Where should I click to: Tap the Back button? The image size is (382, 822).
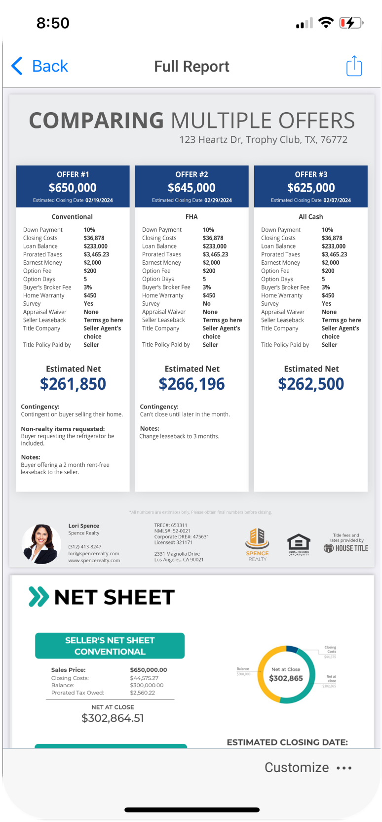point(39,66)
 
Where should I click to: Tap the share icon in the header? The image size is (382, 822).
point(354,66)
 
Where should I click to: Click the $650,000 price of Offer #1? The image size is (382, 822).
point(73,188)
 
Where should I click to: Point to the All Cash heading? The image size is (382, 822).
point(310,217)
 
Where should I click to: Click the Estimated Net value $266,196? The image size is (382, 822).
point(191,384)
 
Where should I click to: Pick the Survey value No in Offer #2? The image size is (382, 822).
point(206,304)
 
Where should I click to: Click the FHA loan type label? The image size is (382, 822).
point(191,217)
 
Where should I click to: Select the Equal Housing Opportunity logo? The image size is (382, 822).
point(299,544)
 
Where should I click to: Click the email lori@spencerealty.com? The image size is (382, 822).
point(94,554)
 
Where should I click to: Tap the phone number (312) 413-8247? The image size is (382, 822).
point(85,547)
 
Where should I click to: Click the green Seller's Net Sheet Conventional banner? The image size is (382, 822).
point(110,646)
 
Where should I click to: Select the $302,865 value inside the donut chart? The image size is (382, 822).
point(286,678)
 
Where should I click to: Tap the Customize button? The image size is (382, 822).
point(297,768)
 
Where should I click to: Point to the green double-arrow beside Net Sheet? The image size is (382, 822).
point(39,597)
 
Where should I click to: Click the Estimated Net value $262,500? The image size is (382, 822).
point(311,384)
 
